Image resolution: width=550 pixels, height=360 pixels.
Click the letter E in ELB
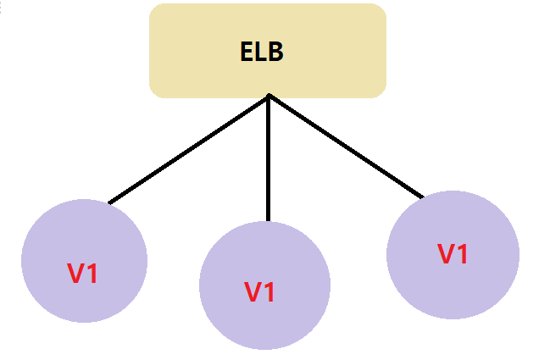(247, 52)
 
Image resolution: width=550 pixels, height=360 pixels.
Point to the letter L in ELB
(260, 52)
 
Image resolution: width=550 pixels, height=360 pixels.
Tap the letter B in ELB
(275, 52)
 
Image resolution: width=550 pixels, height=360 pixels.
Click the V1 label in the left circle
(82, 274)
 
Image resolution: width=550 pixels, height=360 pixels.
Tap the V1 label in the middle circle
(259, 292)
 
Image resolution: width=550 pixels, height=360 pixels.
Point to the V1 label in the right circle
(453, 253)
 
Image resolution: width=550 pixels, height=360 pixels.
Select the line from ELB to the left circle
(188, 149)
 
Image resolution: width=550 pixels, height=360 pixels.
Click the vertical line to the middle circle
(268, 161)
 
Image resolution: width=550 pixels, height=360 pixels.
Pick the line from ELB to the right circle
(346, 147)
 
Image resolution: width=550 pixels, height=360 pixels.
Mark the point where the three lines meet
(268, 95)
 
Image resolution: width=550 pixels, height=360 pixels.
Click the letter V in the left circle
(76, 274)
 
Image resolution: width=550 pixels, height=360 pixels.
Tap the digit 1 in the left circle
(92, 274)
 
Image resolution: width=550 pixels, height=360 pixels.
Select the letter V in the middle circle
(253, 292)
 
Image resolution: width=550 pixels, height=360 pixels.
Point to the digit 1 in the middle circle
(269, 292)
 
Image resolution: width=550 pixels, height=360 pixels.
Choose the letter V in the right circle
(446, 253)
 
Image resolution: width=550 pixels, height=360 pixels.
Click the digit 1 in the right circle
(463, 253)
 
